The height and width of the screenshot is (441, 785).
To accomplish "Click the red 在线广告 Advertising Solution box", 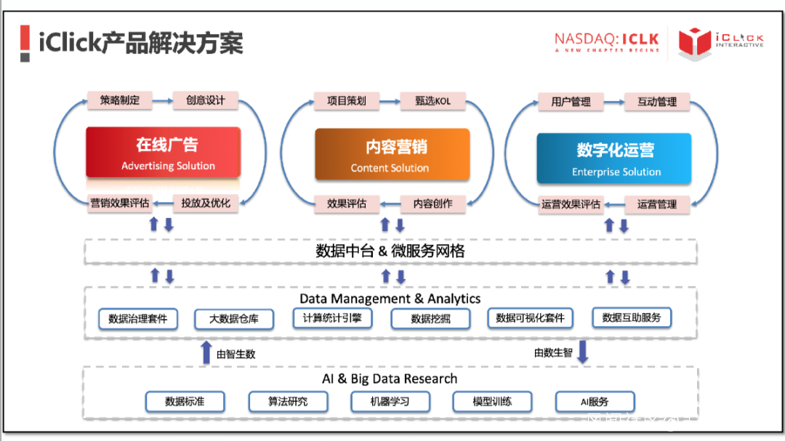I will pyautogui.click(x=163, y=153).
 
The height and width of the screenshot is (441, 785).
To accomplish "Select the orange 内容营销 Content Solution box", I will pyautogui.click(x=392, y=154).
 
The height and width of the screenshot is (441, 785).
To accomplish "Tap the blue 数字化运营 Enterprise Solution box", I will pyautogui.click(x=614, y=158).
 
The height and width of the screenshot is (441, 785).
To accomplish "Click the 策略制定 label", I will pyautogui.click(x=120, y=100).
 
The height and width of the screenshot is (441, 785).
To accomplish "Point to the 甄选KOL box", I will pyautogui.click(x=432, y=101).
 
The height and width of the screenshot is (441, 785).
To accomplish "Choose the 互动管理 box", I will pyautogui.click(x=656, y=102).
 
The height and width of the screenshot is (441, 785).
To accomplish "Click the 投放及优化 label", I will pyautogui.click(x=206, y=203).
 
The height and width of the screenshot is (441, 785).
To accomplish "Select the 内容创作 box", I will pyautogui.click(x=432, y=203).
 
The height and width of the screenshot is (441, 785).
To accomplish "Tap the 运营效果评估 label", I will pyautogui.click(x=571, y=204).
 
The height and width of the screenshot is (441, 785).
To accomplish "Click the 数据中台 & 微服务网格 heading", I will pyautogui.click(x=390, y=251).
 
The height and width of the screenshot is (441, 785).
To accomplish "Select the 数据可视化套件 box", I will pyautogui.click(x=530, y=318).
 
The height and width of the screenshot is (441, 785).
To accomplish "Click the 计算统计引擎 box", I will pyautogui.click(x=332, y=317).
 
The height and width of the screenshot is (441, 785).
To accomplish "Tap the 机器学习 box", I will pyautogui.click(x=390, y=402).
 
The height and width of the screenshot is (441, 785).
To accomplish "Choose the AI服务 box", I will pyautogui.click(x=595, y=402).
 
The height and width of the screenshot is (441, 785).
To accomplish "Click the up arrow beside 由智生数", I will pyautogui.click(x=206, y=352).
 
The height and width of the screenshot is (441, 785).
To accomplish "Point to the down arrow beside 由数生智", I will pyautogui.click(x=582, y=351).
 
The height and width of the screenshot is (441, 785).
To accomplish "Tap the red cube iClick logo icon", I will pyautogui.click(x=693, y=42).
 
